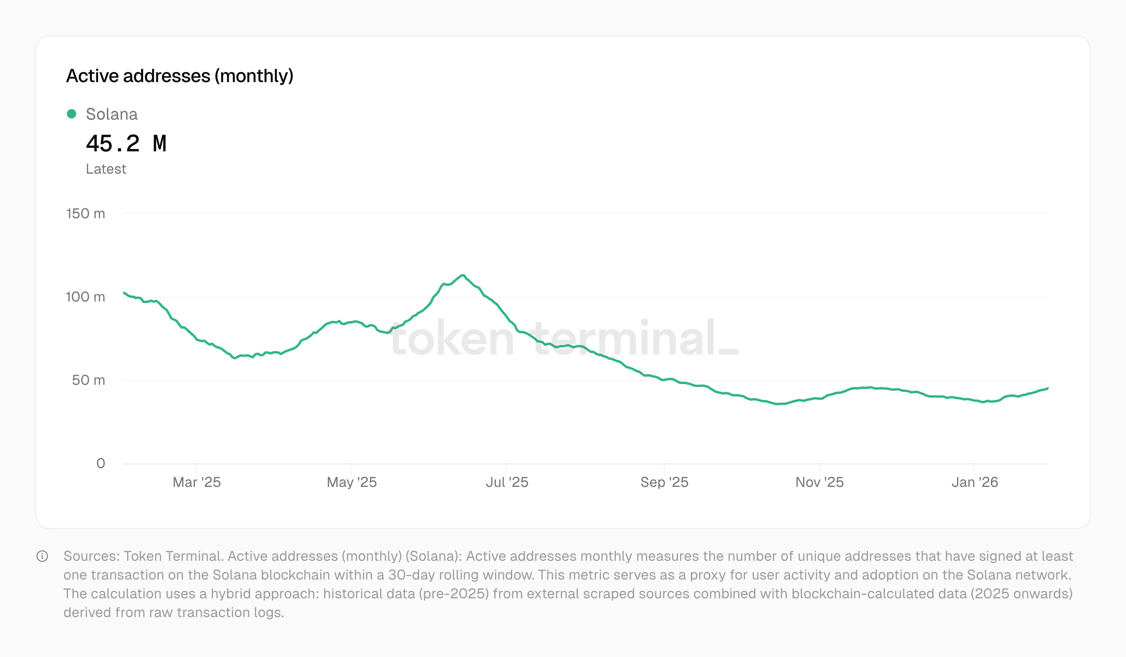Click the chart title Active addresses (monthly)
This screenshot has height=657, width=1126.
coord(179,76)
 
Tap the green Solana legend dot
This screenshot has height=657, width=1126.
coord(72,114)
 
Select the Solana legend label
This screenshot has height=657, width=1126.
coord(112,115)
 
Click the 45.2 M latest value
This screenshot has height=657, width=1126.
coord(126,144)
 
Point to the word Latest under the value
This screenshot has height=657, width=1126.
coord(106,169)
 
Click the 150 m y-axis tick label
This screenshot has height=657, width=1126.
coord(86,214)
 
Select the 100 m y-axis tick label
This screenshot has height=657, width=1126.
coord(85,297)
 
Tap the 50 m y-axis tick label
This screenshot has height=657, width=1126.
coord(88,381)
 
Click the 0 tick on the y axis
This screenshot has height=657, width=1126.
coord(100,463)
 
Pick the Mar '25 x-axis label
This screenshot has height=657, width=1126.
coord(197,482)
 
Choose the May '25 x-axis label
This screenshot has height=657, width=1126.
coord(351,482)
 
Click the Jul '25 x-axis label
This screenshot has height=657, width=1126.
coord(507,482)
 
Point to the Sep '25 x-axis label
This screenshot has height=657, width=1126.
coord(664,482)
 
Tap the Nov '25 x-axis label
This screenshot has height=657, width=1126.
coord(819,482)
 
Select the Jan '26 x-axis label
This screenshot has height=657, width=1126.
coord(975,482)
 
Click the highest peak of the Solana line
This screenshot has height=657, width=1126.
coord(463,275)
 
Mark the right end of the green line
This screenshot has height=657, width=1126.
coord(1048,388)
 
